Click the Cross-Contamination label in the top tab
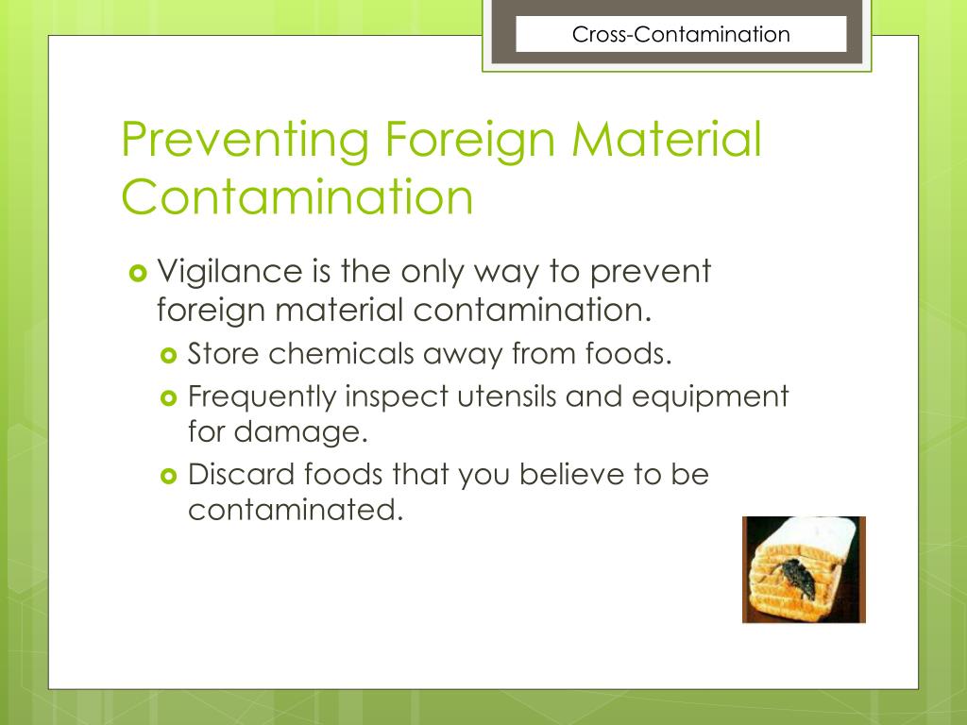tap(680, 35)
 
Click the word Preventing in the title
tap(245, 141)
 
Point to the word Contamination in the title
tap(297, 197)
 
